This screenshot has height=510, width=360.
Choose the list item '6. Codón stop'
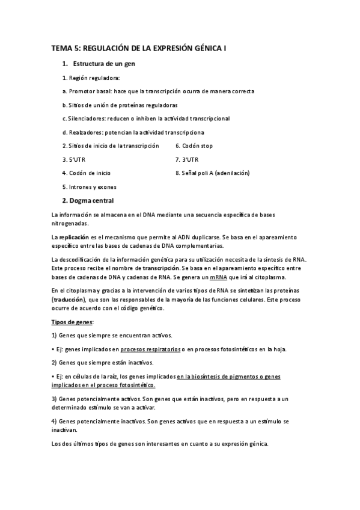click(x=194, y=146)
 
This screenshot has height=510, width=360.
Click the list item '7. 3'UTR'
click(x=186, y=159)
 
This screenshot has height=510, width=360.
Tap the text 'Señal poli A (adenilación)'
click(x=215, y=173)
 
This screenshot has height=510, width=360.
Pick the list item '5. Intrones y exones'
click(x=89, y=187)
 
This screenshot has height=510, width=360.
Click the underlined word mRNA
click(x=218, y=277)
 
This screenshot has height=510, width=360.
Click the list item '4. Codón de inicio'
click(x=86, y=173)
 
